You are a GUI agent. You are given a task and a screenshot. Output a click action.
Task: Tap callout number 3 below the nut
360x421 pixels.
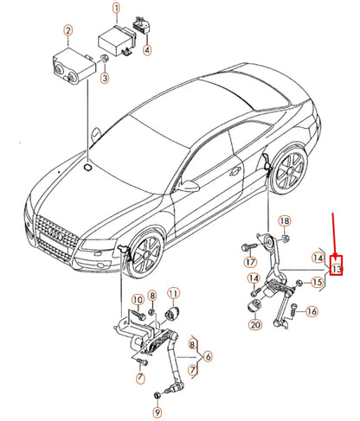tap(105, 80)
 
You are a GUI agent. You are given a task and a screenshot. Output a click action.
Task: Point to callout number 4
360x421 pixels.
tap(147, 50)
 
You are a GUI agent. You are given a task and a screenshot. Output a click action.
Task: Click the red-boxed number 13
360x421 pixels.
tap(337, 269)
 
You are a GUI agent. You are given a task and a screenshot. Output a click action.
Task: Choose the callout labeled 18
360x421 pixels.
tap(285, 221)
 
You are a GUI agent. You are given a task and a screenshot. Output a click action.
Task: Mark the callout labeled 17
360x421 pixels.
tap(250, 261)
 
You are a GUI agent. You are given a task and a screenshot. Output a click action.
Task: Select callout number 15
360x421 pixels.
tap(318, 282)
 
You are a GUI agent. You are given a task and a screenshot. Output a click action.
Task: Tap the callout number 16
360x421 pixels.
tap(312, 311)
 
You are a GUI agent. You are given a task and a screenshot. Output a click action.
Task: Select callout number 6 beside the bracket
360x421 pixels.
tap(207, 355)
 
